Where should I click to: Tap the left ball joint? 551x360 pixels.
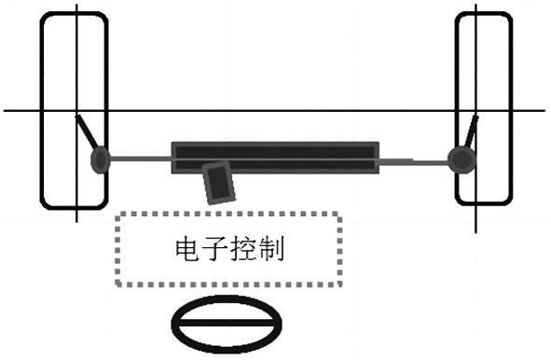coord(100,161)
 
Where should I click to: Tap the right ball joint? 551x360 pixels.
coord(459,159)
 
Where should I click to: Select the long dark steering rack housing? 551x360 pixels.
coord(275,157)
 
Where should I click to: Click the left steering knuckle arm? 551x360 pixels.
coord(88,132)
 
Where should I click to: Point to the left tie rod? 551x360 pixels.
coord(140,160)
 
